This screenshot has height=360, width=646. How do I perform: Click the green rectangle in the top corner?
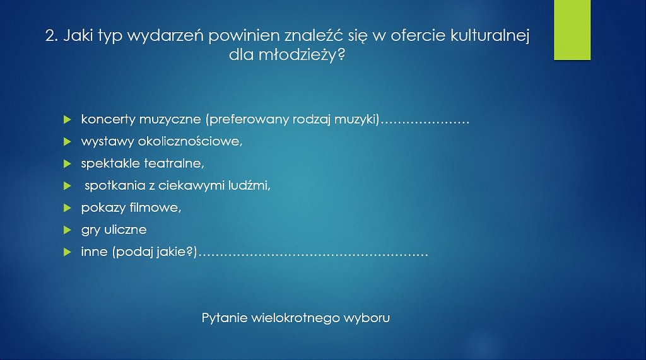(572, 30)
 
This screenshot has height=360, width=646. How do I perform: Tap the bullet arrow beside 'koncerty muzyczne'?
(68, 120)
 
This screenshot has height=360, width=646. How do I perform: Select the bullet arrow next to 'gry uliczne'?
(68, 230)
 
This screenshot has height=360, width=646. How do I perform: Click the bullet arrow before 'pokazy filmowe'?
(68, 207)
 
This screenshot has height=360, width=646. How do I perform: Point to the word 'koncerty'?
(109, 119)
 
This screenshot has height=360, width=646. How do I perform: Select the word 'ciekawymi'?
(191, 185)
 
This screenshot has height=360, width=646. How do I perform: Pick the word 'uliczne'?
(126, 229)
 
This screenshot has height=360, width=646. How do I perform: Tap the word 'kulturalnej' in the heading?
(490, 36)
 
